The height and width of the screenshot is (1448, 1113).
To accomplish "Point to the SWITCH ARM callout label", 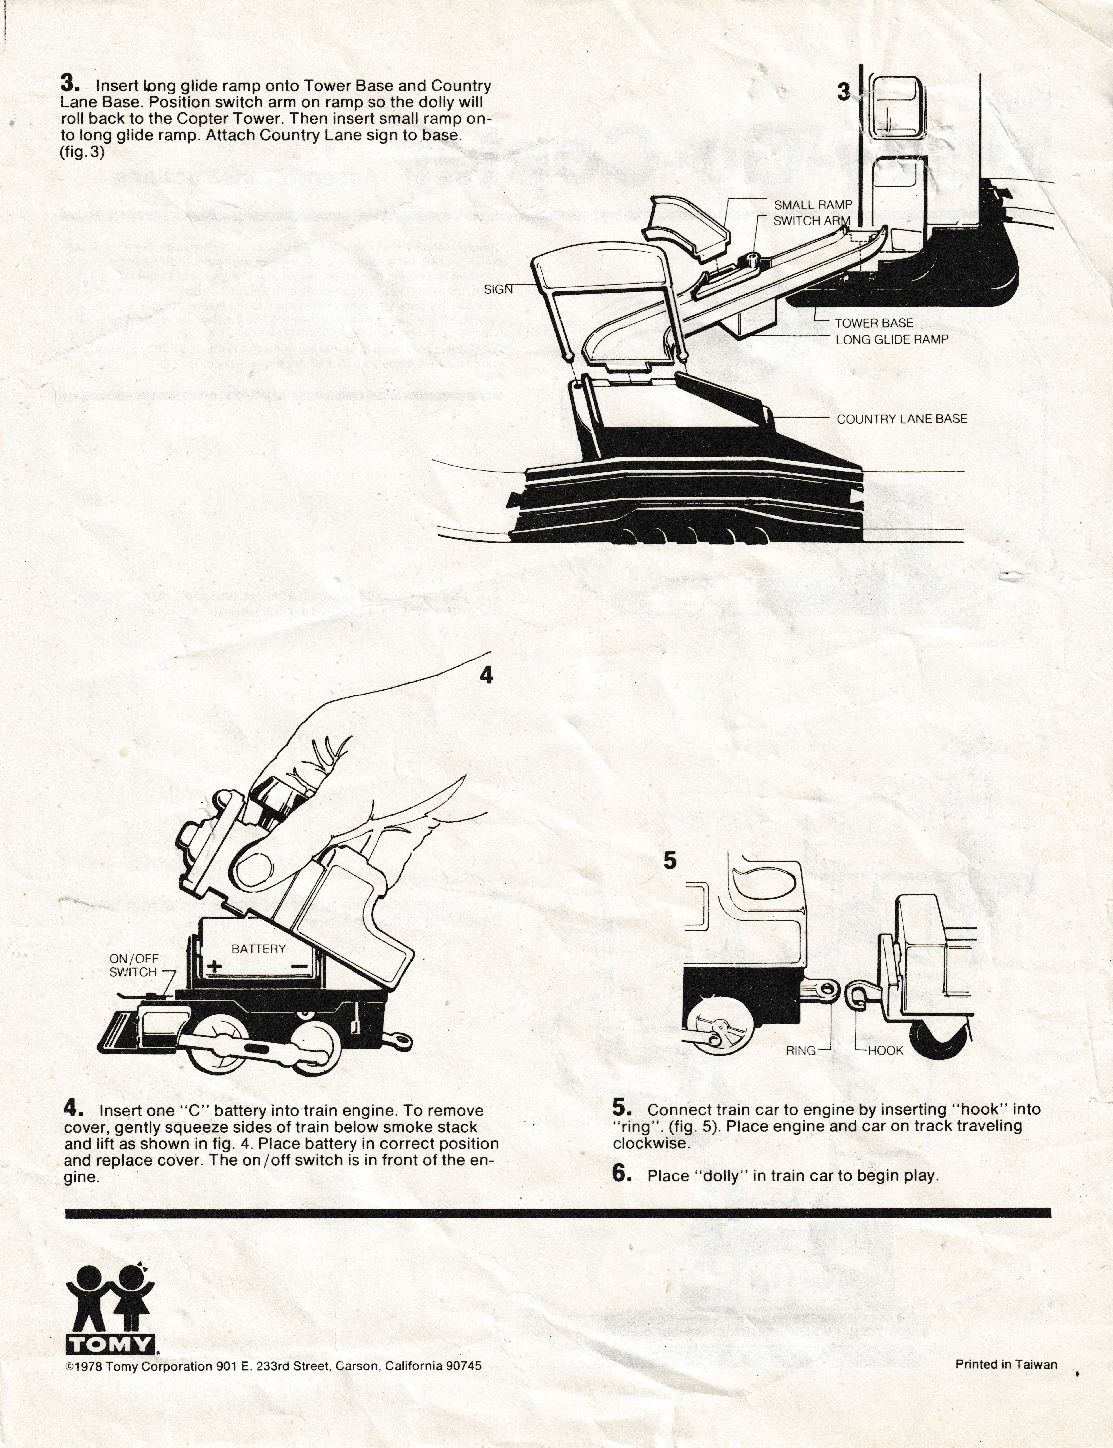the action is pyautogui.click(x=812, y=221).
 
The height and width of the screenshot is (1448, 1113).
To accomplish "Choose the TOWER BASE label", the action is pyautogui.click(x=874, y=323).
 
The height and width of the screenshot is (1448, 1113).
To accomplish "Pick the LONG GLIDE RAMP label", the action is pyautogui.click(x=892, y=339).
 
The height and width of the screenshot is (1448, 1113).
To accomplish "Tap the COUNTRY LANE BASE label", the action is pyautogui.click(x=902, y=419).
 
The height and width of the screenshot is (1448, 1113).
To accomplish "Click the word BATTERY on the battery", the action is pyautogui.click(x=258, y=949).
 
